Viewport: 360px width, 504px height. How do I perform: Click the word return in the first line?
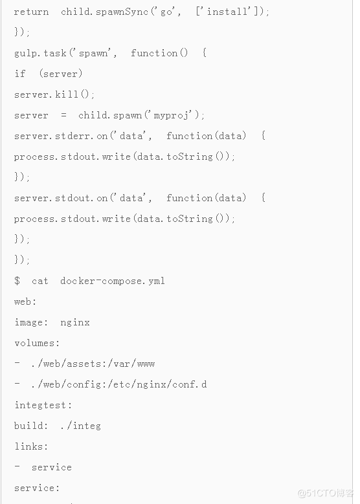[x=31, y=12]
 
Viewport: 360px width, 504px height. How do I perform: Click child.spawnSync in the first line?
[x=104, y=12]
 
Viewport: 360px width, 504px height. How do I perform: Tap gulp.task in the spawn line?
[x=40, y=53]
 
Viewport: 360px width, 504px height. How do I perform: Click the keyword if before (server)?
[x=19, y=74]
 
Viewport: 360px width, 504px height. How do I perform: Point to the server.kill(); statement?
[x=54, y=94]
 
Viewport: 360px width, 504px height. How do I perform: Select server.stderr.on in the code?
[x=61, y=136]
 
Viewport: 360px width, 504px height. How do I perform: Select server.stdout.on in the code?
[x=61, y=198]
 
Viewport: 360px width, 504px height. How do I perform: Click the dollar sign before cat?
[x=17, y=281]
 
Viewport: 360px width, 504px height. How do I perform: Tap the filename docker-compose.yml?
[x=113, y=281]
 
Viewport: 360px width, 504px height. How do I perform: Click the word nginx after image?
[x=75, y=322]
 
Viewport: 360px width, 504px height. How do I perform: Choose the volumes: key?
[x=37, y=343]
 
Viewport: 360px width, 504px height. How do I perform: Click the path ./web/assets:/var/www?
[x=93, y=364]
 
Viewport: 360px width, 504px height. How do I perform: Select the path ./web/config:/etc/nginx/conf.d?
[x=119, y=384]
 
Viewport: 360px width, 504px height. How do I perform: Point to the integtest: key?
[x=43, y=405]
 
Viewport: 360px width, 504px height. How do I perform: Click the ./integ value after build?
[x=80, y=426]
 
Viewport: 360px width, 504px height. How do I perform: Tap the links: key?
[x=31, y=446]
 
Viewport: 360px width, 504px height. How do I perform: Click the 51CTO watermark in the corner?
[x=325, y=493]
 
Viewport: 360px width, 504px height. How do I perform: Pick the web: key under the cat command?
[x=25, y=301]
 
